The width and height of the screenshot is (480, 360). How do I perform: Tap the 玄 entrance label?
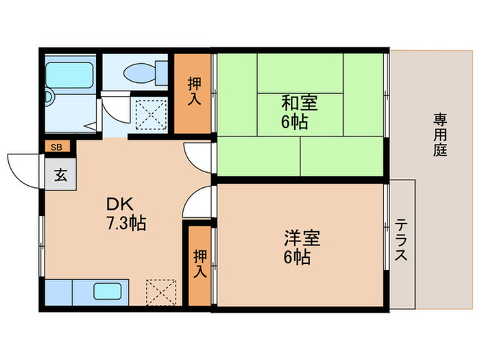[60, 174]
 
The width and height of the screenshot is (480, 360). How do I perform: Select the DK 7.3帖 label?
[125, 213]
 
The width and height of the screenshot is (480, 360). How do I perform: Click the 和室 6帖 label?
[298, 113]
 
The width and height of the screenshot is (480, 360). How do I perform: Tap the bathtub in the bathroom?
[70, 75]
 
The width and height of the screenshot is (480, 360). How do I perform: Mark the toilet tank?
[162, 70]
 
